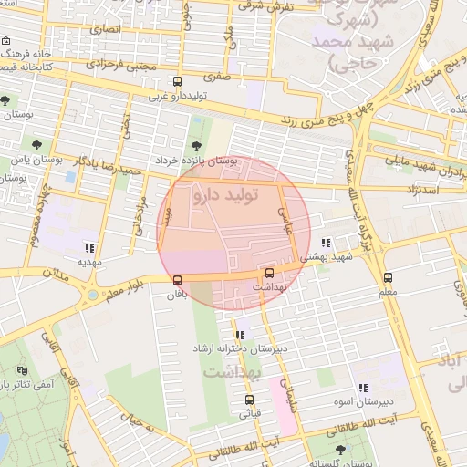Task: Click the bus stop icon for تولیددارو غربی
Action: point(177,80)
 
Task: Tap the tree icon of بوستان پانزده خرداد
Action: point(195,145)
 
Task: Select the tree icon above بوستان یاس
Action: point(36,143)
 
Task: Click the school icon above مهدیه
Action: point(88,247)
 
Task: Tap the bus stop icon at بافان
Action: point(177,280)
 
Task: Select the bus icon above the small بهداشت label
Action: point(269,272)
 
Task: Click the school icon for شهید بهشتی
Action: point(326,243)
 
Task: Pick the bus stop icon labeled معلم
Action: point(388,277)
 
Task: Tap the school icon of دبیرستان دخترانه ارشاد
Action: point(240,335)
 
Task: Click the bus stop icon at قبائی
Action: point(249,400)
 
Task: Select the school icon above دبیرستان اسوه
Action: point(363,388)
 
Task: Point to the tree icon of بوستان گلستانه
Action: point(340,449)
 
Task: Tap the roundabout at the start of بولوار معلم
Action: point(92,295)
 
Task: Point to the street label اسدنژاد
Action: point(420,189)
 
